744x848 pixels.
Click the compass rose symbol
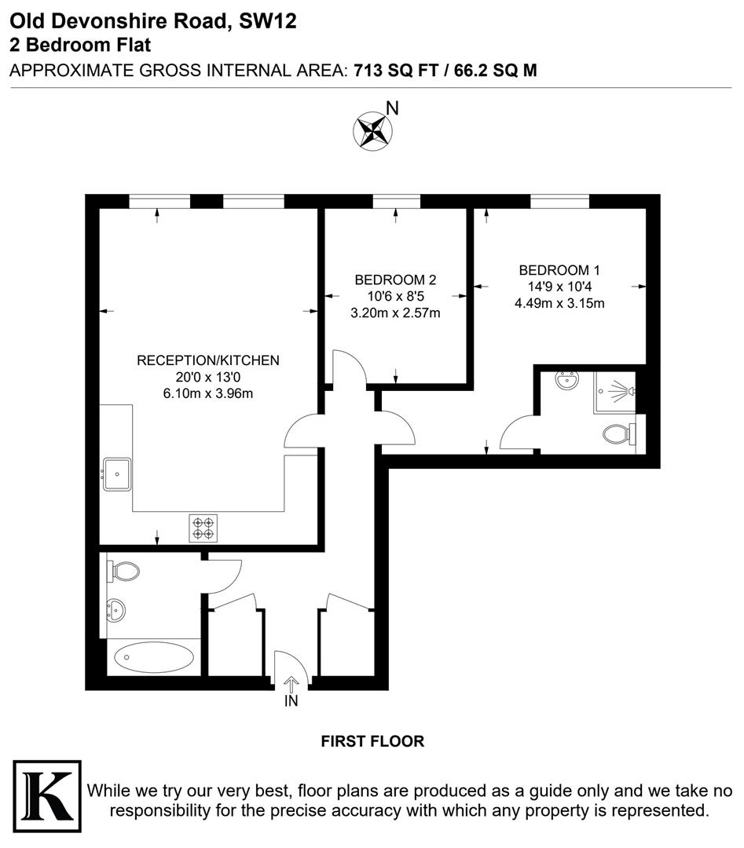(372, 130)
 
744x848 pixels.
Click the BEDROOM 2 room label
(395, 280)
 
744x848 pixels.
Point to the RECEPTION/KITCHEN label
(208, 360)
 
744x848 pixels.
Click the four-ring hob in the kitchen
(203, 527)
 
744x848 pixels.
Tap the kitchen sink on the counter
(118, 474)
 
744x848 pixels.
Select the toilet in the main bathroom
(123, 570)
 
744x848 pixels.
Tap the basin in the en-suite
(565, 382)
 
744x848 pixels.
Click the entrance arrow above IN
(291, 685)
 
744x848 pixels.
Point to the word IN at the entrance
(291, 701)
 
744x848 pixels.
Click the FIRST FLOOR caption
(372, 741)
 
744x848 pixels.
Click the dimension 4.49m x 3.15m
(559, 303)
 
